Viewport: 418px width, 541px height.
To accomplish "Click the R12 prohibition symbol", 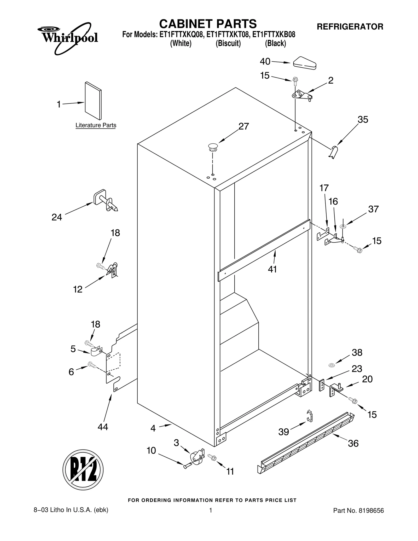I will [83, 470].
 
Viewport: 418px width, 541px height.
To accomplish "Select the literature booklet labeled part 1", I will [93, 101].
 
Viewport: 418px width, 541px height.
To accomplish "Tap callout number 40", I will [265, 62].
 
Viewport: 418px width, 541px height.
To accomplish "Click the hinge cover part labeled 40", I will [305, 63].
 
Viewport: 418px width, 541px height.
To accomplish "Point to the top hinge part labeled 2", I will [302, 95].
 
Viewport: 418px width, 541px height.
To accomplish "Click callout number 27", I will [243, 126].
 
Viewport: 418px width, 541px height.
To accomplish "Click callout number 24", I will [57, 217].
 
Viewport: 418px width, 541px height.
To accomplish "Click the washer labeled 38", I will [332, 365].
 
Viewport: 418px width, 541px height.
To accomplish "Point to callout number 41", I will [272, 269].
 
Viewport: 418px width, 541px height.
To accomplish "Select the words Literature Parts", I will [96, 125].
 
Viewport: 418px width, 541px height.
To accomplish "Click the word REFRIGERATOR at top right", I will [350, 27].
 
